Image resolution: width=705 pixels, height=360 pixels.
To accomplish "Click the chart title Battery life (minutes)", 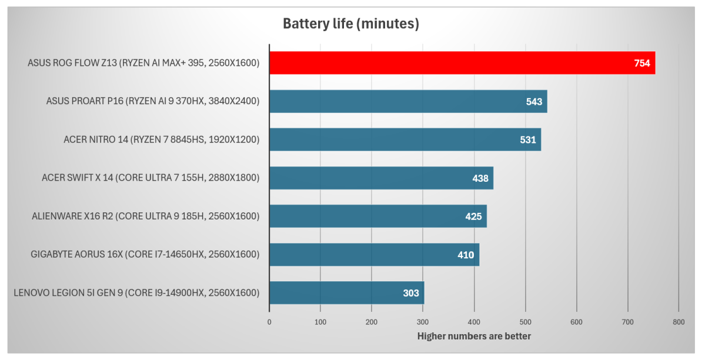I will tap(350, 24).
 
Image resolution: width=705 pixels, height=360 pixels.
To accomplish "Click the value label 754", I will tap(641, 64).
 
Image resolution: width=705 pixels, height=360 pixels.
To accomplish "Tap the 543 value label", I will tap(534, 102).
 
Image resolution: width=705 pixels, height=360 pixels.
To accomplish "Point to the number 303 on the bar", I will tap(410, 293).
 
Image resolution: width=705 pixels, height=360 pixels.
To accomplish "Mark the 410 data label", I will tap(466, 255).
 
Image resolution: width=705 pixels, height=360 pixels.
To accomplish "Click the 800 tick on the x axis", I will tap(679, 322).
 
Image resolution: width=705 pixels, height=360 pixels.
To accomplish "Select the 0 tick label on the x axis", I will tap(269, 322).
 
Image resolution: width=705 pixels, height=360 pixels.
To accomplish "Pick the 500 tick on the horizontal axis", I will tap(525, 322).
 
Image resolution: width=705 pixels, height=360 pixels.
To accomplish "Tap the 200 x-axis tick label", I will tap(372, 322).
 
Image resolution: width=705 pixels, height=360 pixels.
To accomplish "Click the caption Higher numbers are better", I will tap(474, 336).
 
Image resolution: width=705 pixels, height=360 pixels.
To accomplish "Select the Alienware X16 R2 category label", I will tap(145, 216).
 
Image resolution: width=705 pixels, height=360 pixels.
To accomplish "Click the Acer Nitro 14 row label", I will tap(161, 139).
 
